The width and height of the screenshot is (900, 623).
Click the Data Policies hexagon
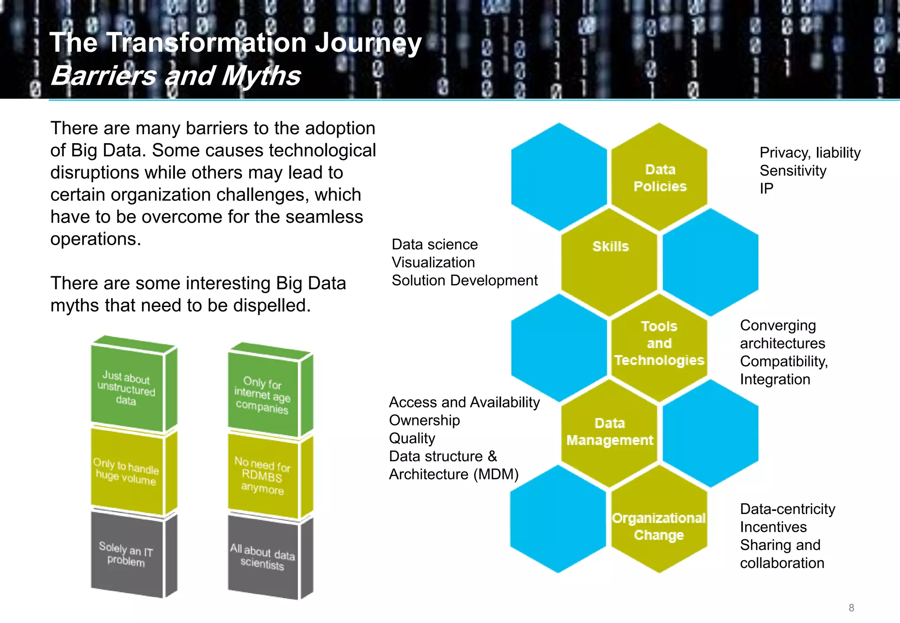[659, 177]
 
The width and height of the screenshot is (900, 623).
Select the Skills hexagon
[610, 255]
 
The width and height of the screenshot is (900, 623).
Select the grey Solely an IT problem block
[127, 554]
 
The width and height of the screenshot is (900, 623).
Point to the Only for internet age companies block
[262, 395]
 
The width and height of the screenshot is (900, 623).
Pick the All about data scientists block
[262, 557]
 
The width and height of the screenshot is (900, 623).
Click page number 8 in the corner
[851, 608]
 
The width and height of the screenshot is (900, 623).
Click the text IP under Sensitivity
[766, 188]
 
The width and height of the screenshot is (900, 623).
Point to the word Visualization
[433, 262]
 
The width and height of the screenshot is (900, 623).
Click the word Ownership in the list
[424, 420]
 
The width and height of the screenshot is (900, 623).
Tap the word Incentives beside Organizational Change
[773, 527]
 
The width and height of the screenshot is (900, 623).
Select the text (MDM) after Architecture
[496, 474]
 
